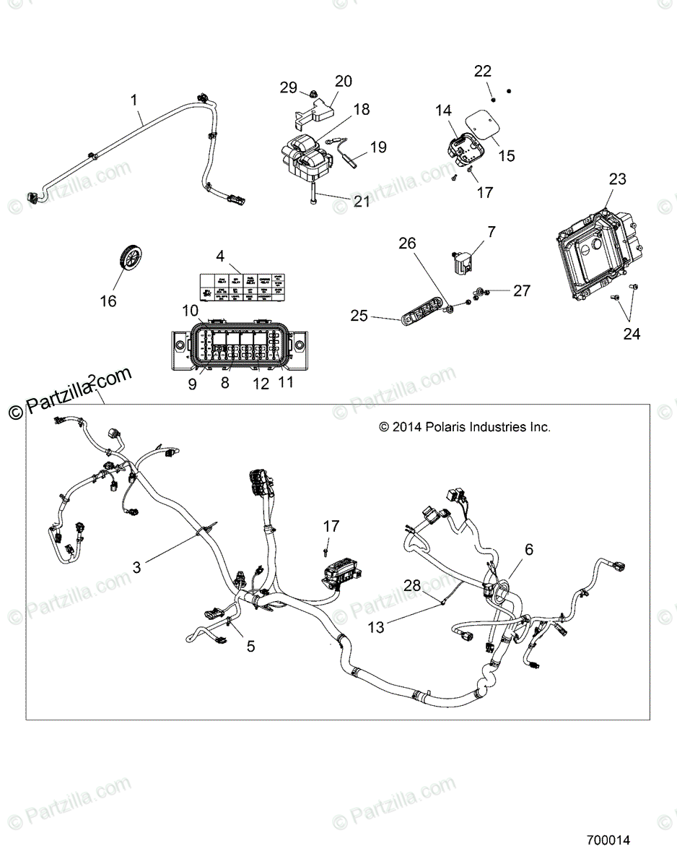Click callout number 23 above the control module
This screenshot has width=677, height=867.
[x=617, y=179]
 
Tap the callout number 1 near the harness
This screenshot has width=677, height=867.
[x=134, y=99]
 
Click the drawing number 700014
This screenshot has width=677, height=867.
[x=608, y=840]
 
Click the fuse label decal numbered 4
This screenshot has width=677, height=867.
[x=243, y=285]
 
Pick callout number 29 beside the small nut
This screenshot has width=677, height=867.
[x=288, y=87]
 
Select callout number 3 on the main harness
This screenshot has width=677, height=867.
[x=136, y=567]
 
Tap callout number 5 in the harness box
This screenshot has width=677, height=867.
[x=250, y=645]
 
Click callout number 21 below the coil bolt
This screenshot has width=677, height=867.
[x=361, y=202]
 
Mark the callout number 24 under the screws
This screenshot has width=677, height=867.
[x=632, y=335]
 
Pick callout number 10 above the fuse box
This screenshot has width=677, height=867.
[x=191, y=311]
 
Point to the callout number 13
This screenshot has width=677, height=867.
[x=377, y=628]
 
